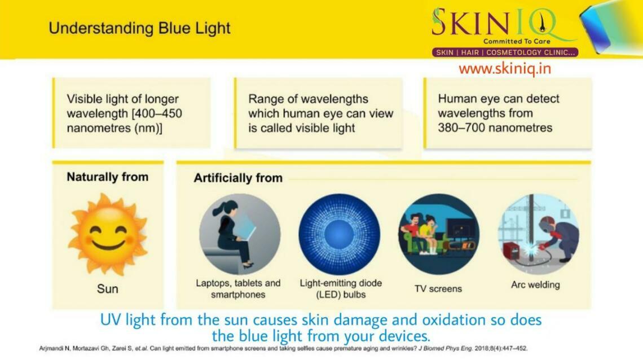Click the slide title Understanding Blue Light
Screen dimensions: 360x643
pos(139,28)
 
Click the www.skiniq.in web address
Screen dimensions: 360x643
pos(504,69)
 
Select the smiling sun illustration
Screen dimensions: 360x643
pos(107,234)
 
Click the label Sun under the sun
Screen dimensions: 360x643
pos(107,289)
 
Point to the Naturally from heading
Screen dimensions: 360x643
pos(107,177)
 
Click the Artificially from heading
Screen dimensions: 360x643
pos(238,178)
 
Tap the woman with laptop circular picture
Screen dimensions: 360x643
pos(240,234)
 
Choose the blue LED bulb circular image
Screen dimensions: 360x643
pos(340,234)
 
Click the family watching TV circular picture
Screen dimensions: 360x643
pos(438,234)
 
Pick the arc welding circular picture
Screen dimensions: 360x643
pos(538,234)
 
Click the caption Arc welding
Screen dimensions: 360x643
pos(535,284)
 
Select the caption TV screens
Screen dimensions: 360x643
pos(438,288)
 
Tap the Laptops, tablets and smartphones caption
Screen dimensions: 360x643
pos(238,289)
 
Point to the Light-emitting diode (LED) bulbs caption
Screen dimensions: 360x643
pos(340,289)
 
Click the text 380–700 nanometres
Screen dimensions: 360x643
pos(495,128)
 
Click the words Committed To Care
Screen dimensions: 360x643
pos(516,41)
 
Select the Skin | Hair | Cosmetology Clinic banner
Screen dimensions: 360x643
pos(505,52)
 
